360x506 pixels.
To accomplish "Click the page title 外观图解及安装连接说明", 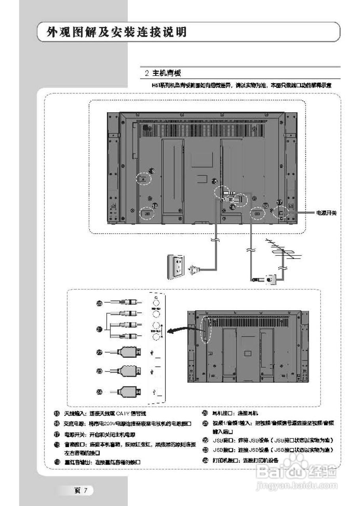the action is coord(117,32).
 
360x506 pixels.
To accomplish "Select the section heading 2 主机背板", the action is coord(163,73).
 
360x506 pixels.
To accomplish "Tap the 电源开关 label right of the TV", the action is coord(326,213).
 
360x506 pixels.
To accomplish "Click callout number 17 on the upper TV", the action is coord(280,202).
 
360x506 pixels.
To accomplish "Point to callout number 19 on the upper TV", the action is coord(151,171).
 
